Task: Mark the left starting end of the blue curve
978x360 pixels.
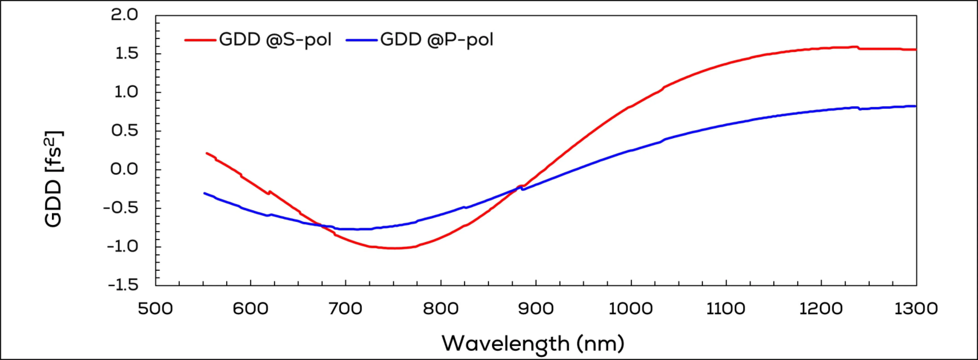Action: click(x=205, y=193)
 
